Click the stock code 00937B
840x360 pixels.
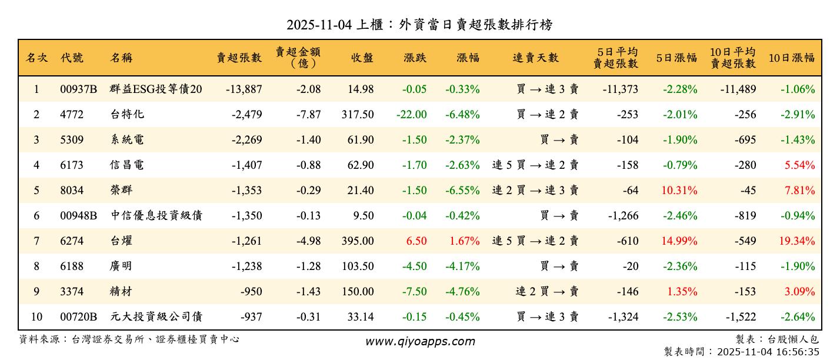click(78, 89)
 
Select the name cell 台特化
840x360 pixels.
click(127, 115)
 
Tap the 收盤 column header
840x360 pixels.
click(362, 58)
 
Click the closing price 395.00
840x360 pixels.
click(357, 241)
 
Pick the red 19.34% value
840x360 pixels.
click(798, 241)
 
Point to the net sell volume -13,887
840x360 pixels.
click(244, 89)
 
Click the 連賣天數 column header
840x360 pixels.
click(535, 58)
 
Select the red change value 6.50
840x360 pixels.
click(415, 241)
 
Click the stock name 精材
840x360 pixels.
click(121, 292)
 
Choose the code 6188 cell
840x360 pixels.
click(72, 266)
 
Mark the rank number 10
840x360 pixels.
click(36, 317)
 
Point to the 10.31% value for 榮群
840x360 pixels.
click(679, 191)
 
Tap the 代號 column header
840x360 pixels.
click(72, 58)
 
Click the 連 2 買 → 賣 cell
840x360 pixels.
click(547, 292)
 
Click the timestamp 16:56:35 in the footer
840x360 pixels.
click(798, 352)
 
